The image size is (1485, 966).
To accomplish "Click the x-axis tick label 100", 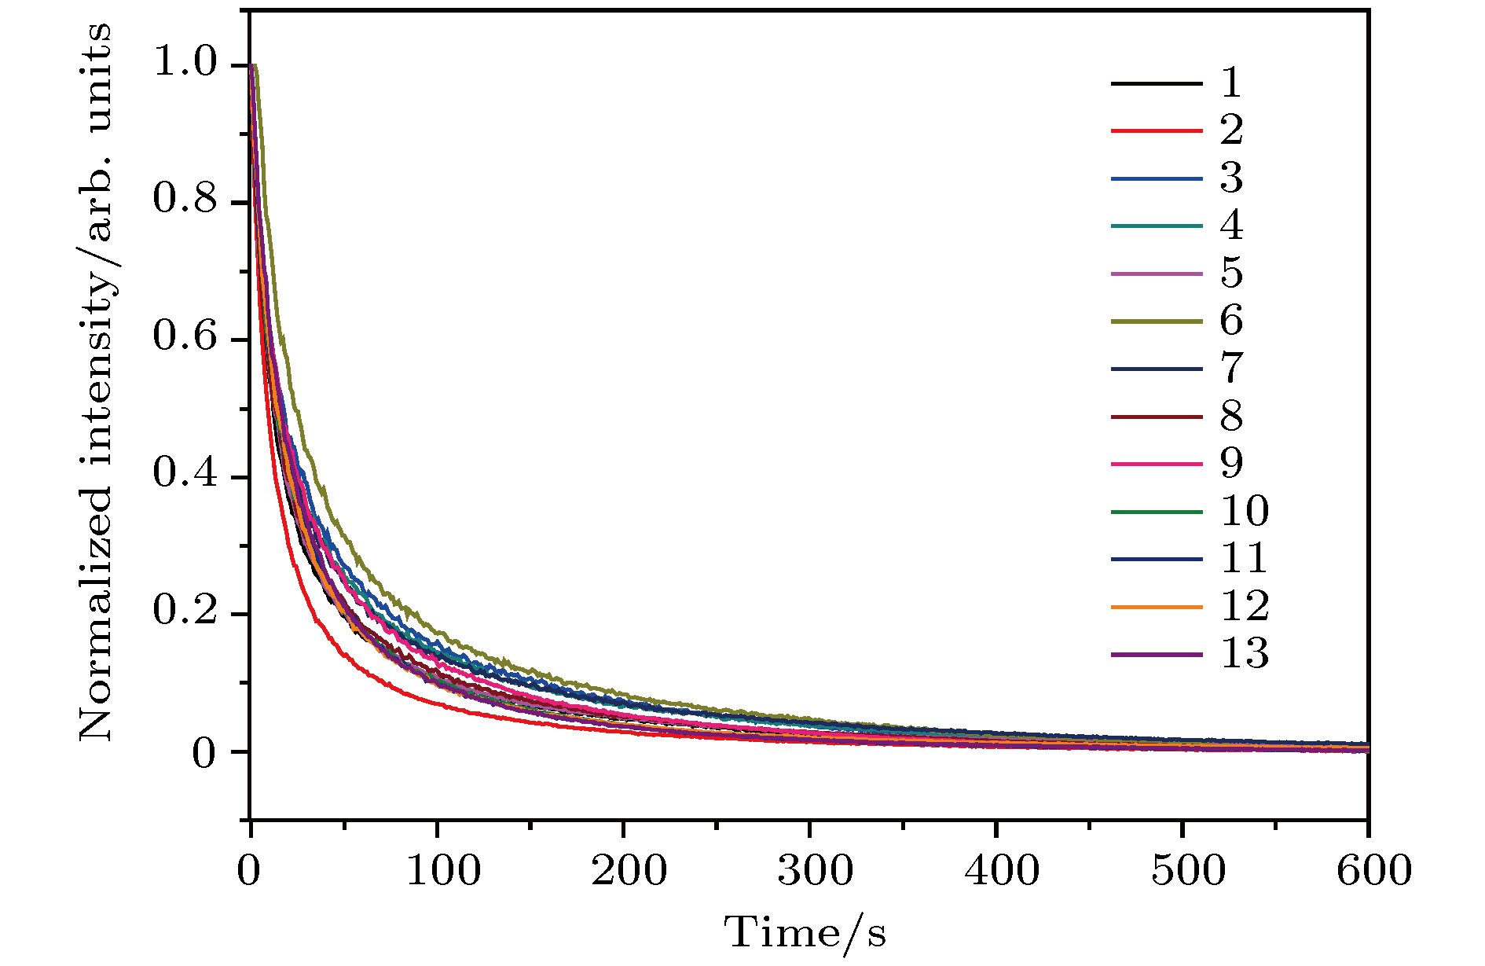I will (x=442, y=870).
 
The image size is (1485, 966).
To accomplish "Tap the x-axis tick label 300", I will (x=815, y=870).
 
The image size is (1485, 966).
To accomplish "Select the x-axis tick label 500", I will (x=1188, y=870).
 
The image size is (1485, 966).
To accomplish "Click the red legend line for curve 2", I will (x=1157, y=130).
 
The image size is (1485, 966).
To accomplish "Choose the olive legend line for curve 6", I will (x=1157, y=321).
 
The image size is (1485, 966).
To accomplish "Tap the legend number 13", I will (x=1245, y=654).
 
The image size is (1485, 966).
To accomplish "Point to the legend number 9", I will (x=1231, y=464).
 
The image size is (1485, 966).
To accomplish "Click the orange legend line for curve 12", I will (x=1157, y=607).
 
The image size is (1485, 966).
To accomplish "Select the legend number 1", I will (x=1231, y=83).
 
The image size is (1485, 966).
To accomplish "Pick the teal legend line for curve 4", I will (x=1157, y=226).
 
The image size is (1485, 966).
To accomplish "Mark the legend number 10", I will (x=1245, y=512).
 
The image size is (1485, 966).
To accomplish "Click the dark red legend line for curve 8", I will (x=1157, y=417).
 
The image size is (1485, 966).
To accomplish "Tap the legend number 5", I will (x=1231, y=274).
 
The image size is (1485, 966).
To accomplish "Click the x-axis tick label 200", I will (x=629, y=870).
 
